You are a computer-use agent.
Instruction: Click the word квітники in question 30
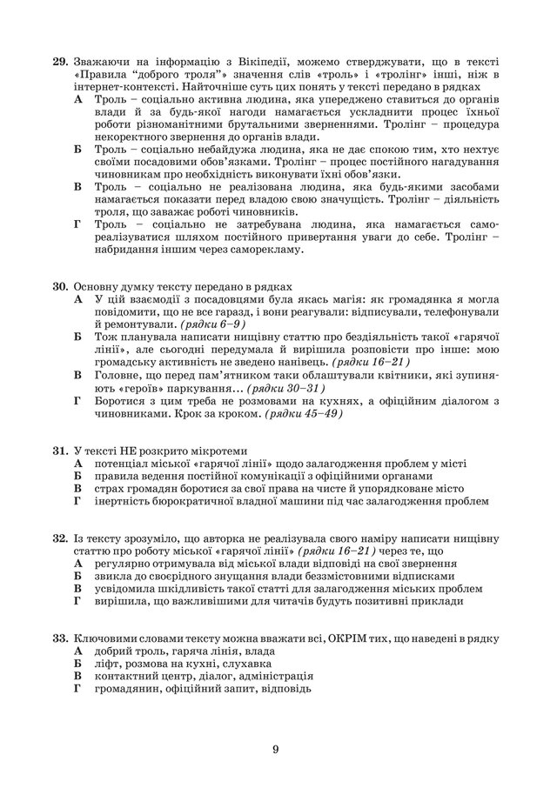coord(431,374)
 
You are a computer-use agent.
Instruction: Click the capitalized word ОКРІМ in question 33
coord(351,638)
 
